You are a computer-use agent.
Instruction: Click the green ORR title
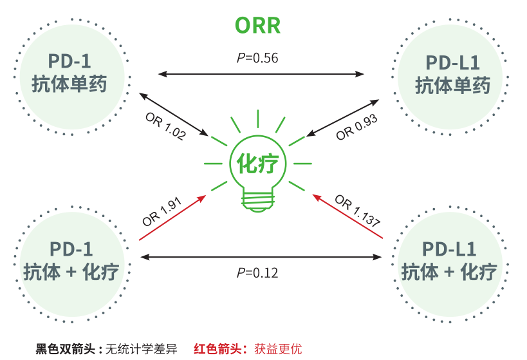257,25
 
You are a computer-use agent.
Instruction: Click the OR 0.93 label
356,126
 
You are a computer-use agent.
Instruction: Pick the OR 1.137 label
358,213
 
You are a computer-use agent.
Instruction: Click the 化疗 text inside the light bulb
257,164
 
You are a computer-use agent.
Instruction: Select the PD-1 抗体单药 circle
70,72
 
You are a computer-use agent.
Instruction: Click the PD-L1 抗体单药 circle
452,73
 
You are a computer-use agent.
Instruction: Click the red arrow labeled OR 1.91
172,218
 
